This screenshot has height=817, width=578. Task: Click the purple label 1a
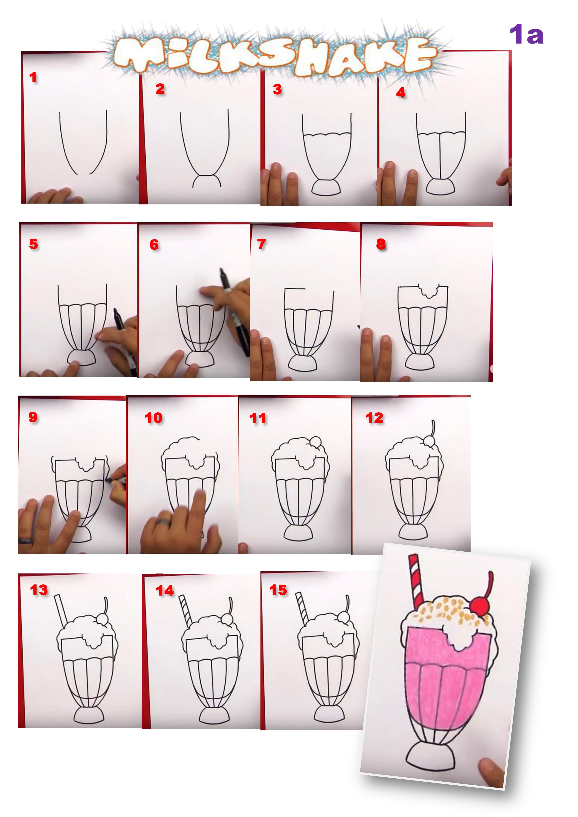pyautogui.click(x=526, y=34)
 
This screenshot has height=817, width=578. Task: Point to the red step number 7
pyautogui.click(x=261, y=244)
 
